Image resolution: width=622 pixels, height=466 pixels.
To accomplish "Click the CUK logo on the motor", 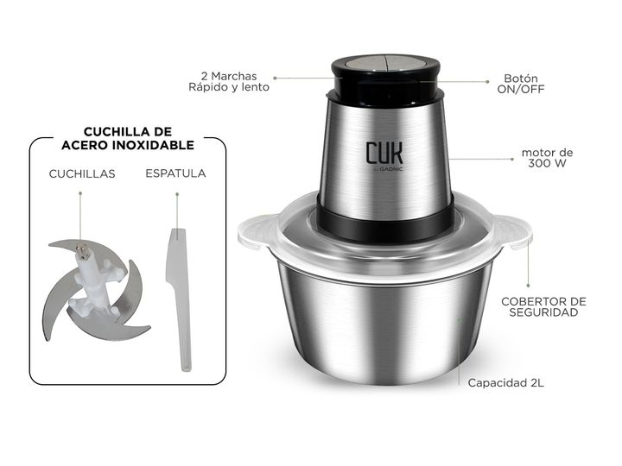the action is click(x=384, y=153).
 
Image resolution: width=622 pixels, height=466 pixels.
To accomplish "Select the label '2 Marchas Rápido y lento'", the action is click(x=229, y=82).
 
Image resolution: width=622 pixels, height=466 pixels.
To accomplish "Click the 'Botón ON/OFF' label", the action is click(x=521, y=84).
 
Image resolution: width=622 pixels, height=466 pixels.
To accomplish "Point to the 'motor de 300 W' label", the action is click(x=547, y=158).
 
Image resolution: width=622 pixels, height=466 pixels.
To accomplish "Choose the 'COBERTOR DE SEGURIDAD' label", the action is click(x=543, y=306).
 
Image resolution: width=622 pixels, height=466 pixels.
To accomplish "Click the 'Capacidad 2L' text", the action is click(x=505, y=383).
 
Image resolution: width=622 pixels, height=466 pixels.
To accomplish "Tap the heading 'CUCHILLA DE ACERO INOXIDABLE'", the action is click(x=128, y=138).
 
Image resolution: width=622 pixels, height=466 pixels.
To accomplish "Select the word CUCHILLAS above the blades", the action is click(x=82, y=173).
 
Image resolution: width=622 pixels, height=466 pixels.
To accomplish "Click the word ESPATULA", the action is click(x=175, y=173).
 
